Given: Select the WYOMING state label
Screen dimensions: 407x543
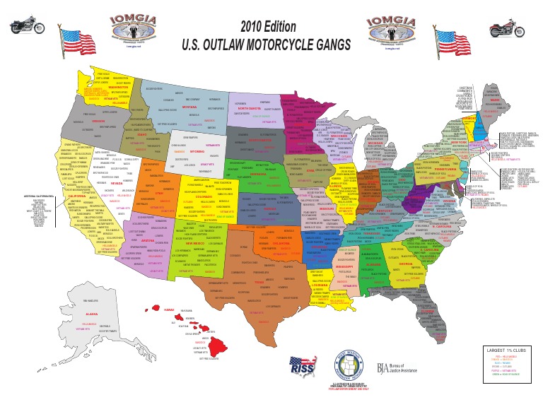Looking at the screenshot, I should pyautogui.click(x=197, y=151).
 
